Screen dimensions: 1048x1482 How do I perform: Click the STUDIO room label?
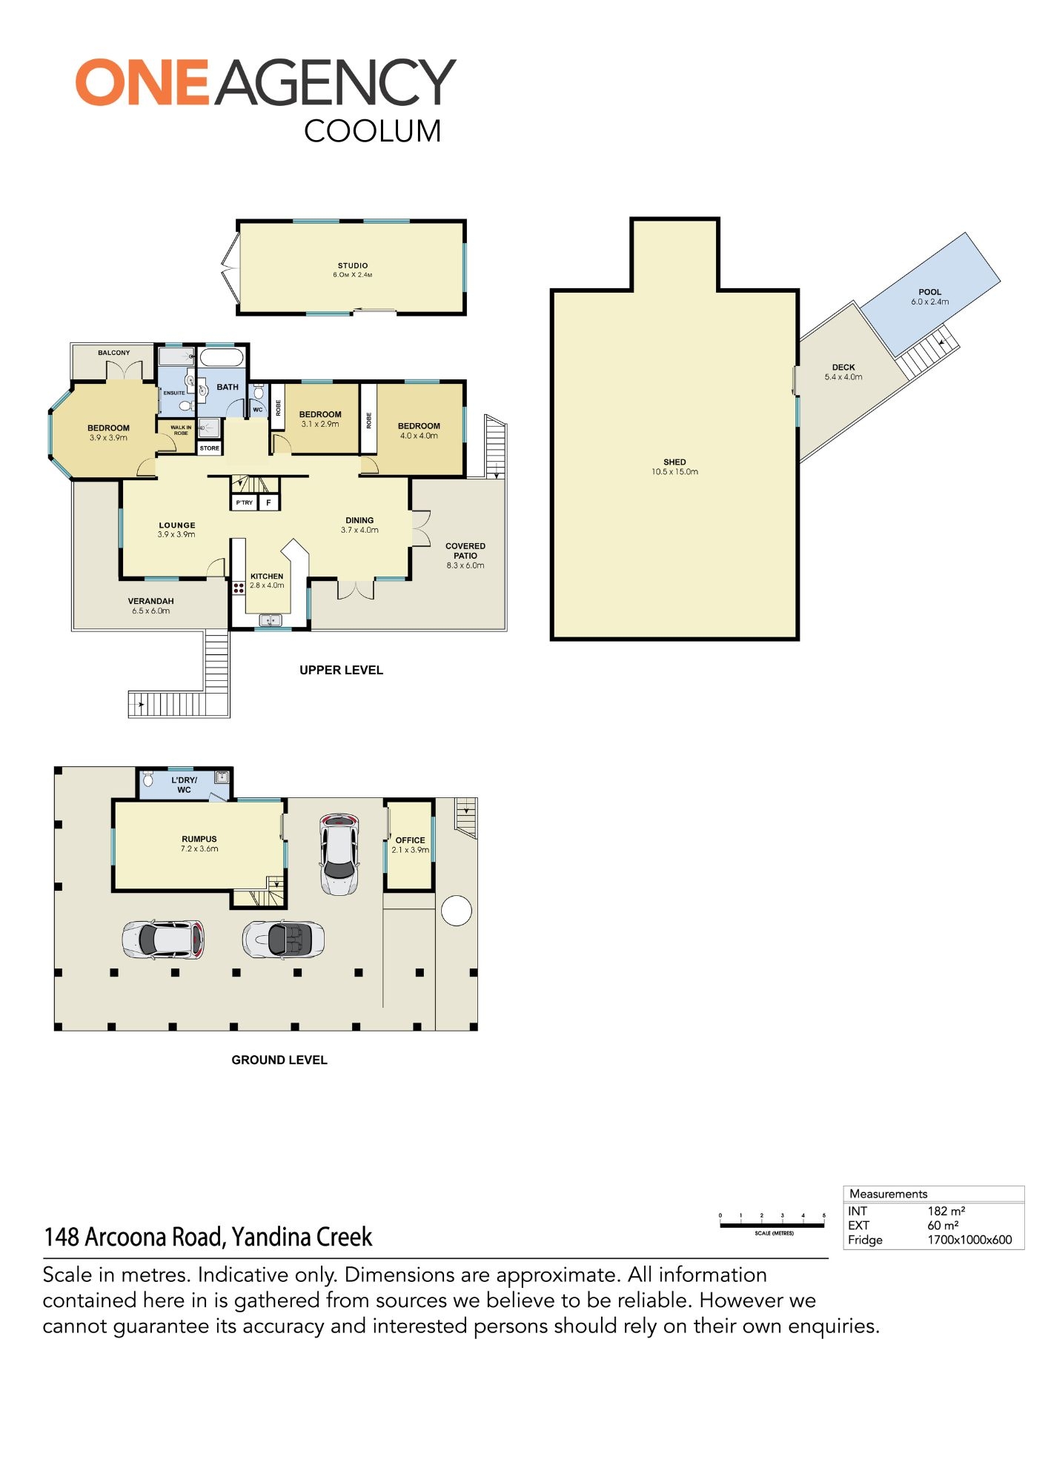353,265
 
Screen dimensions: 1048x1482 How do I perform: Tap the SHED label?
674,462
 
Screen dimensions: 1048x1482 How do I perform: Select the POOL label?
930,292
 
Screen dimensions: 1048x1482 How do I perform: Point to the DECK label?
843,368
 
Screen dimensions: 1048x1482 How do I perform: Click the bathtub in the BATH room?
222,358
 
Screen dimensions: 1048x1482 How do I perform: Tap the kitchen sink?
271,619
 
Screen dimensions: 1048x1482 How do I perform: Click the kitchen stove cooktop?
239,588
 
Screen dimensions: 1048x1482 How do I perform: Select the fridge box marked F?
268,502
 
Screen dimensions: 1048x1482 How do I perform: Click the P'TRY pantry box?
244,502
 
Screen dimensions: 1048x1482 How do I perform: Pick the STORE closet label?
210,448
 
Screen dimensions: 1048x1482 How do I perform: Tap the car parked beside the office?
339,854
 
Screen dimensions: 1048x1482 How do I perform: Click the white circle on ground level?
457,911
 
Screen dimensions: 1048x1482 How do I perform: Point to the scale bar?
772,1226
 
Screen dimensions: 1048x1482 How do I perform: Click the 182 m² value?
946,1211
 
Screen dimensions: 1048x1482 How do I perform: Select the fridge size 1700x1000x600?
969,1240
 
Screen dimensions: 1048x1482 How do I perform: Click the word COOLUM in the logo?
373,131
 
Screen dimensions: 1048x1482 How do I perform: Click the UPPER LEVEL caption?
341,670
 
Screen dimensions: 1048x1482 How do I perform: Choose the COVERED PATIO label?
465,551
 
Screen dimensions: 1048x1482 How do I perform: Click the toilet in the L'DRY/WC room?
147,779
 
